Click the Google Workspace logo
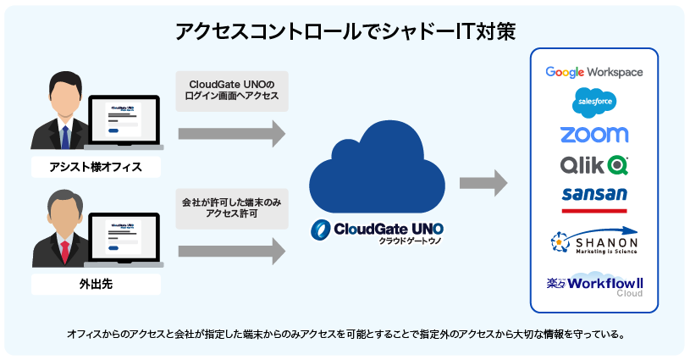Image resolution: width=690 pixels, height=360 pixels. tap(593, 72)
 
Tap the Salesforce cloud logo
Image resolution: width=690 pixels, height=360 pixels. tap(593, 102)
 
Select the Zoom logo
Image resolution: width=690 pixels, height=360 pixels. tap(593, 134)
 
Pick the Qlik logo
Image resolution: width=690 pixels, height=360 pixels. tap(593, 163)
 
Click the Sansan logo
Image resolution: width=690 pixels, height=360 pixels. tap(593, 194)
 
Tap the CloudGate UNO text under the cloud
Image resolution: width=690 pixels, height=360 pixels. tap(377, 229)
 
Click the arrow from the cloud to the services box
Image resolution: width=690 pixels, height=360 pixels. tap(483, 182)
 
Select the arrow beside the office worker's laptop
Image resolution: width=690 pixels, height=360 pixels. tap(231, 133)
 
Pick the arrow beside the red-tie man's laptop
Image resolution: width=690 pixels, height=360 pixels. tap(231, 251)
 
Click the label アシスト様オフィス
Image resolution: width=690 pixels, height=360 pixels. tap(95, 167)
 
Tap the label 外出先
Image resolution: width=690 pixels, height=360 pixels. tap(95, 284)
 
